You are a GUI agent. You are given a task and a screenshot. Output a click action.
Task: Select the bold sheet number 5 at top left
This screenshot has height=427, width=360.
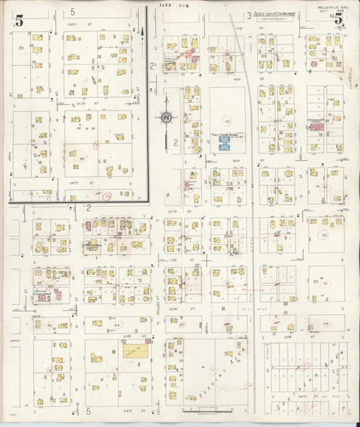coord(19,21)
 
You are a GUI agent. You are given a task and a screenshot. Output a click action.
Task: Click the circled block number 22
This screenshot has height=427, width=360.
coord(228,122)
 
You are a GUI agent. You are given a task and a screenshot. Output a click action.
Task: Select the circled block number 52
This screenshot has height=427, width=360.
coord(324,235)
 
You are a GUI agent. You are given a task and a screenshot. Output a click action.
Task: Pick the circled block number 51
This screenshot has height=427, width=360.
coord(325,284)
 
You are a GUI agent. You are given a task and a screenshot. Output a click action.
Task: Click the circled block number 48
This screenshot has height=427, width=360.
coord(326,324)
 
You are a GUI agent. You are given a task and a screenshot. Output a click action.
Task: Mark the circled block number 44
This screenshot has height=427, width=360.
coord(116,325)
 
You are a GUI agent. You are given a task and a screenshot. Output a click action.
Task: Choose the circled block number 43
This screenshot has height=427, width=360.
coord(51,325)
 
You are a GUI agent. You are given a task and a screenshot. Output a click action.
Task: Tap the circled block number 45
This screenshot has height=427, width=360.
coord(182,324)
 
